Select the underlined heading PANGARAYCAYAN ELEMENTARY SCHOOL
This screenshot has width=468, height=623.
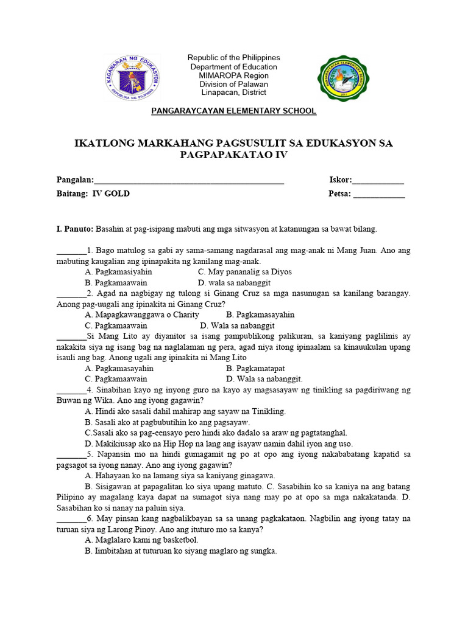234,111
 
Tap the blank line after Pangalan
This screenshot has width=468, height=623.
189,181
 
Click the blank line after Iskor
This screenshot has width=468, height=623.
378,181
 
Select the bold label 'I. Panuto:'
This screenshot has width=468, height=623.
74,229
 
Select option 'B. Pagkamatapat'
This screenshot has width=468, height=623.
255,368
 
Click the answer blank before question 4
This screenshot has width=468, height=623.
71,390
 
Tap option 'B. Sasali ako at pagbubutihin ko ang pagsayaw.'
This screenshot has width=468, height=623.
168,422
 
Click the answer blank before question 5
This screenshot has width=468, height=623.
71,454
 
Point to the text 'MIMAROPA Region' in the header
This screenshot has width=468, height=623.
234,75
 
